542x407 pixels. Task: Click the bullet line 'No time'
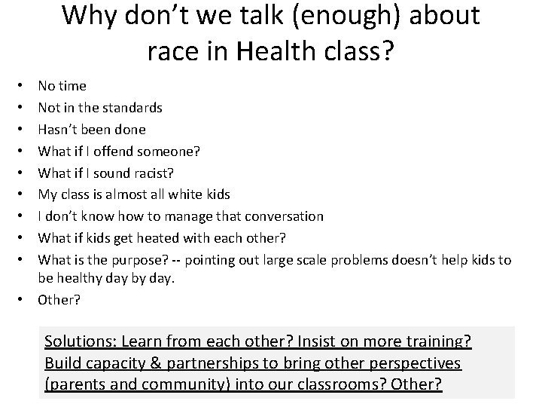tap(62, 86)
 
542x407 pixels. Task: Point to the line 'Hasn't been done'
tap(92, 130)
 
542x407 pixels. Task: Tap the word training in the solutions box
tap(437, 341)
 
